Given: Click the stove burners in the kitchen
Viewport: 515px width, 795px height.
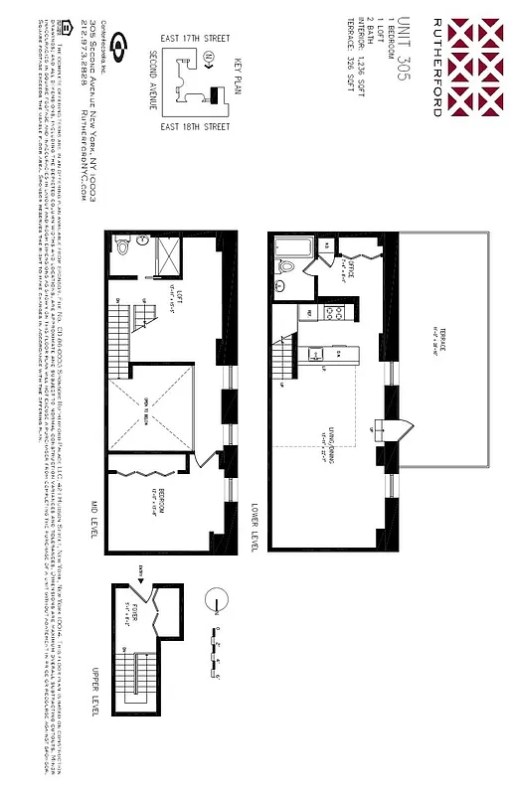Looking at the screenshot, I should (x=336, y=315).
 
